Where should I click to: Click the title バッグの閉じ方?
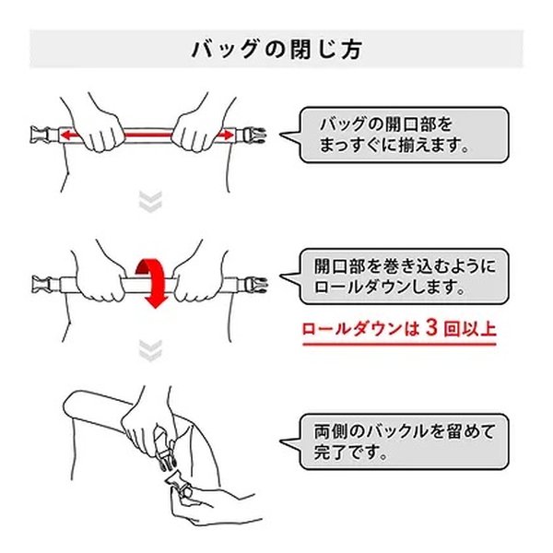coord(276,49)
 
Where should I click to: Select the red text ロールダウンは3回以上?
coord(399,329)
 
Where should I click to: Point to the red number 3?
coord(431,328)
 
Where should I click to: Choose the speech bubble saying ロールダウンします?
coord(395,276)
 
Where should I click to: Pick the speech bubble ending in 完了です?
coord(395,441)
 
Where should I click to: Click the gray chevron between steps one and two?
coord(150,202)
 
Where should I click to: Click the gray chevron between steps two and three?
coord(150,350)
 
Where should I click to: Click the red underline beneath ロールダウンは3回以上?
coord(399,344)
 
